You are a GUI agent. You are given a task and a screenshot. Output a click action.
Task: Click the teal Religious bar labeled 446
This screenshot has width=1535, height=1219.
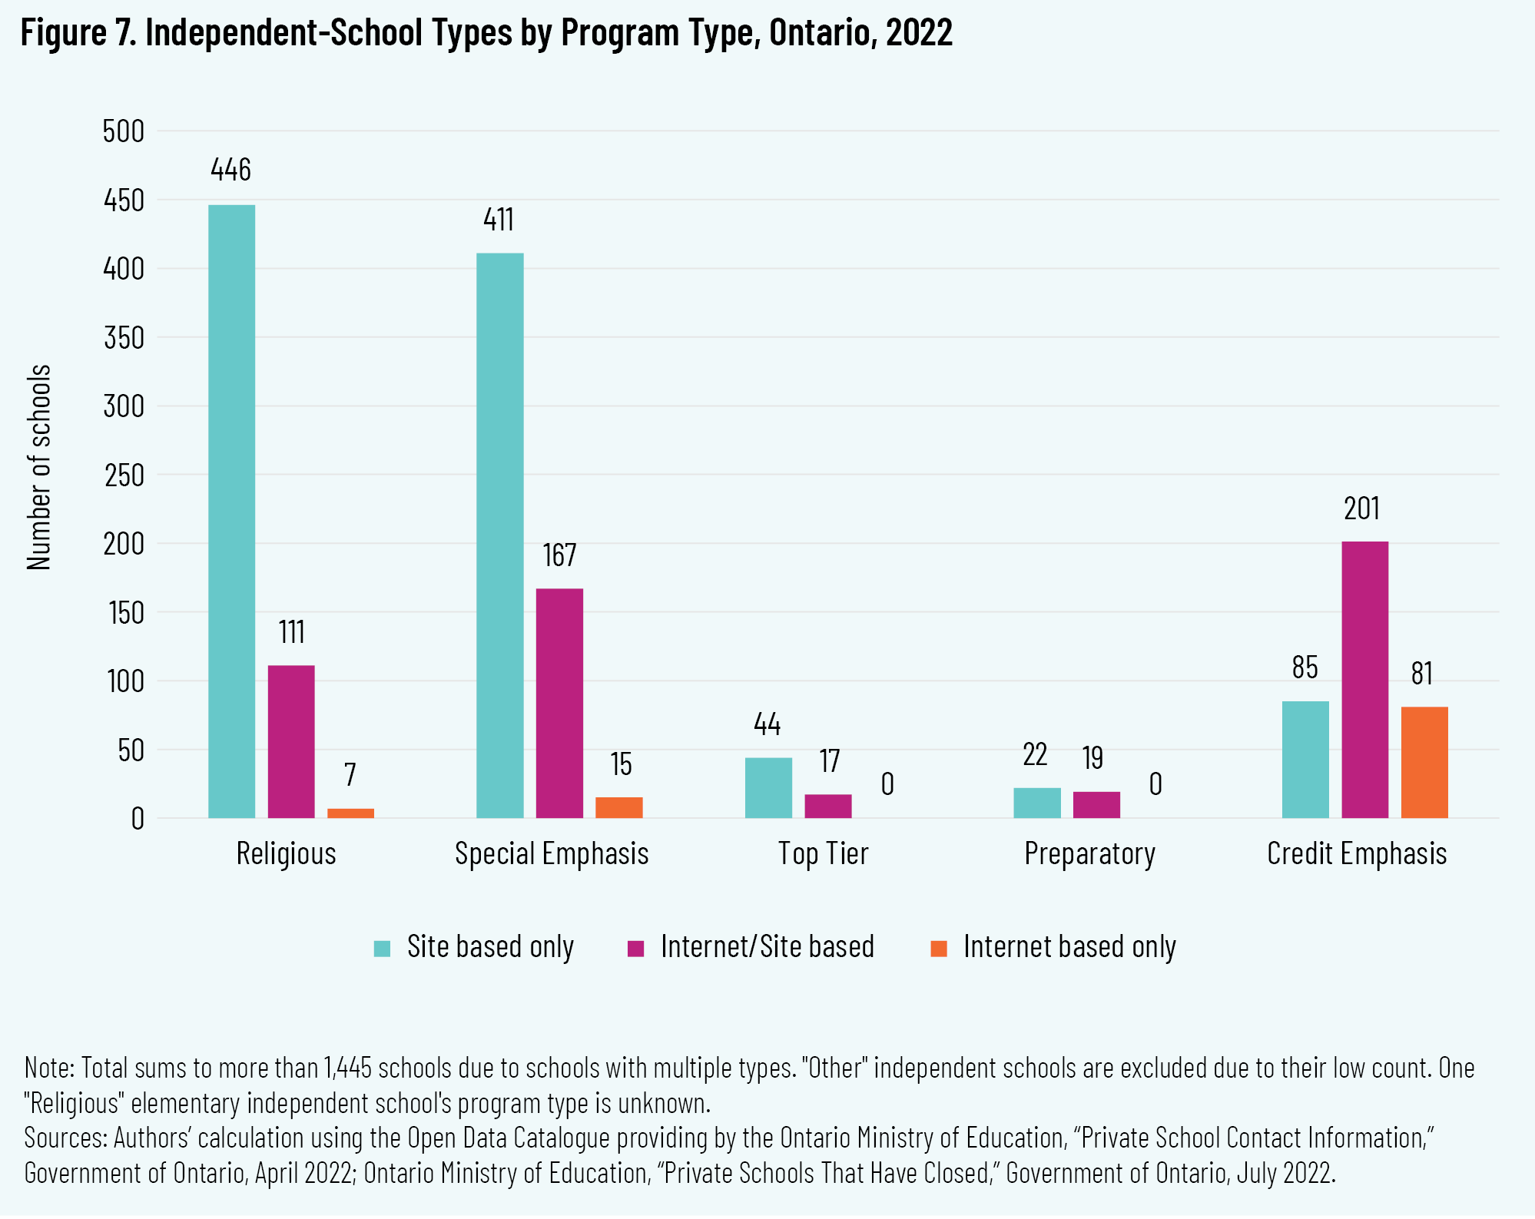231,511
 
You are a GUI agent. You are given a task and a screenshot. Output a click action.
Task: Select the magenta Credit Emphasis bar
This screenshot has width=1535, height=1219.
1364,680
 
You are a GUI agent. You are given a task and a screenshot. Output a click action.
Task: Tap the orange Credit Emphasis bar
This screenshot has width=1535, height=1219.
1424,762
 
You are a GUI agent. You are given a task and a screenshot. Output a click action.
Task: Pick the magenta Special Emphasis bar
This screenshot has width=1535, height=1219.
559,703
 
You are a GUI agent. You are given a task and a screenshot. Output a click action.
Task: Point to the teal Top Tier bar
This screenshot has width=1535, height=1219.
768,787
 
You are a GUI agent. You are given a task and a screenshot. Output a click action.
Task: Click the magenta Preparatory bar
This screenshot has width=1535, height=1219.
1096,804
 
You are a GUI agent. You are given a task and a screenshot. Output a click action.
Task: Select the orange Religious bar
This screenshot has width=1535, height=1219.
350,813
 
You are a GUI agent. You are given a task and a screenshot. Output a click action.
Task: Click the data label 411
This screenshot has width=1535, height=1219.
499,220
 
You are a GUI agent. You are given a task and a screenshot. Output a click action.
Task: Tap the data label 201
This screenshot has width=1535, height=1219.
1362,509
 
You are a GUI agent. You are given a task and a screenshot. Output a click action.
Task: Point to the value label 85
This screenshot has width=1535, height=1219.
1305,668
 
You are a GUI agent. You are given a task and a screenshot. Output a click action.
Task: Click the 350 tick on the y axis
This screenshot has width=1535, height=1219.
124,338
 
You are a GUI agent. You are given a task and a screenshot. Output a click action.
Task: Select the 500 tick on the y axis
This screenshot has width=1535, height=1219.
124,131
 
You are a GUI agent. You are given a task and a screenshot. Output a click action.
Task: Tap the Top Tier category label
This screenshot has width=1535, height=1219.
823,854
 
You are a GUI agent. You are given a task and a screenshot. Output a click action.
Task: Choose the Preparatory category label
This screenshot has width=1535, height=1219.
1089,854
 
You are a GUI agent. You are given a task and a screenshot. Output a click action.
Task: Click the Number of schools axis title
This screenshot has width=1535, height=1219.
38,467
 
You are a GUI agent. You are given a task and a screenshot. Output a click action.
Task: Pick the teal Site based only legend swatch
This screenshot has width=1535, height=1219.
382,948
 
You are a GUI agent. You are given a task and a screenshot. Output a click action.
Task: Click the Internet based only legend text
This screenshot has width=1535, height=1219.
1069,947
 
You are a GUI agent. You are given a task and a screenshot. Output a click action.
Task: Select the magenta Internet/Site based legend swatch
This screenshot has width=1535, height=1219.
635,948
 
